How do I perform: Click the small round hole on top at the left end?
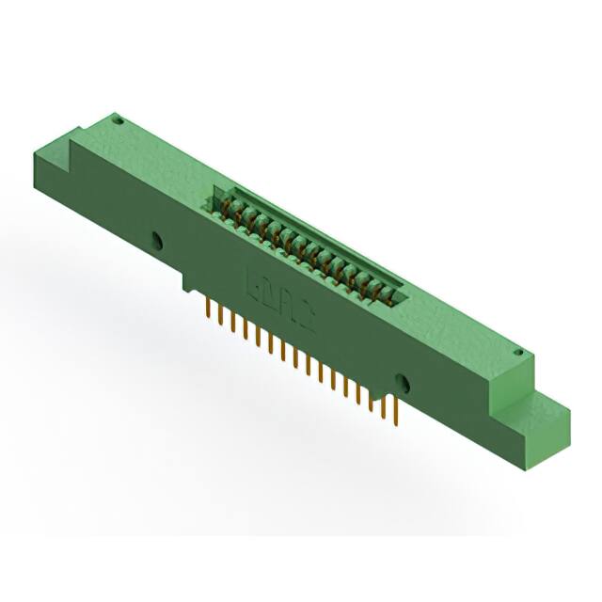click(x=119, y=120)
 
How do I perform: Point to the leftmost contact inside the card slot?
click(x=226, y=210)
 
